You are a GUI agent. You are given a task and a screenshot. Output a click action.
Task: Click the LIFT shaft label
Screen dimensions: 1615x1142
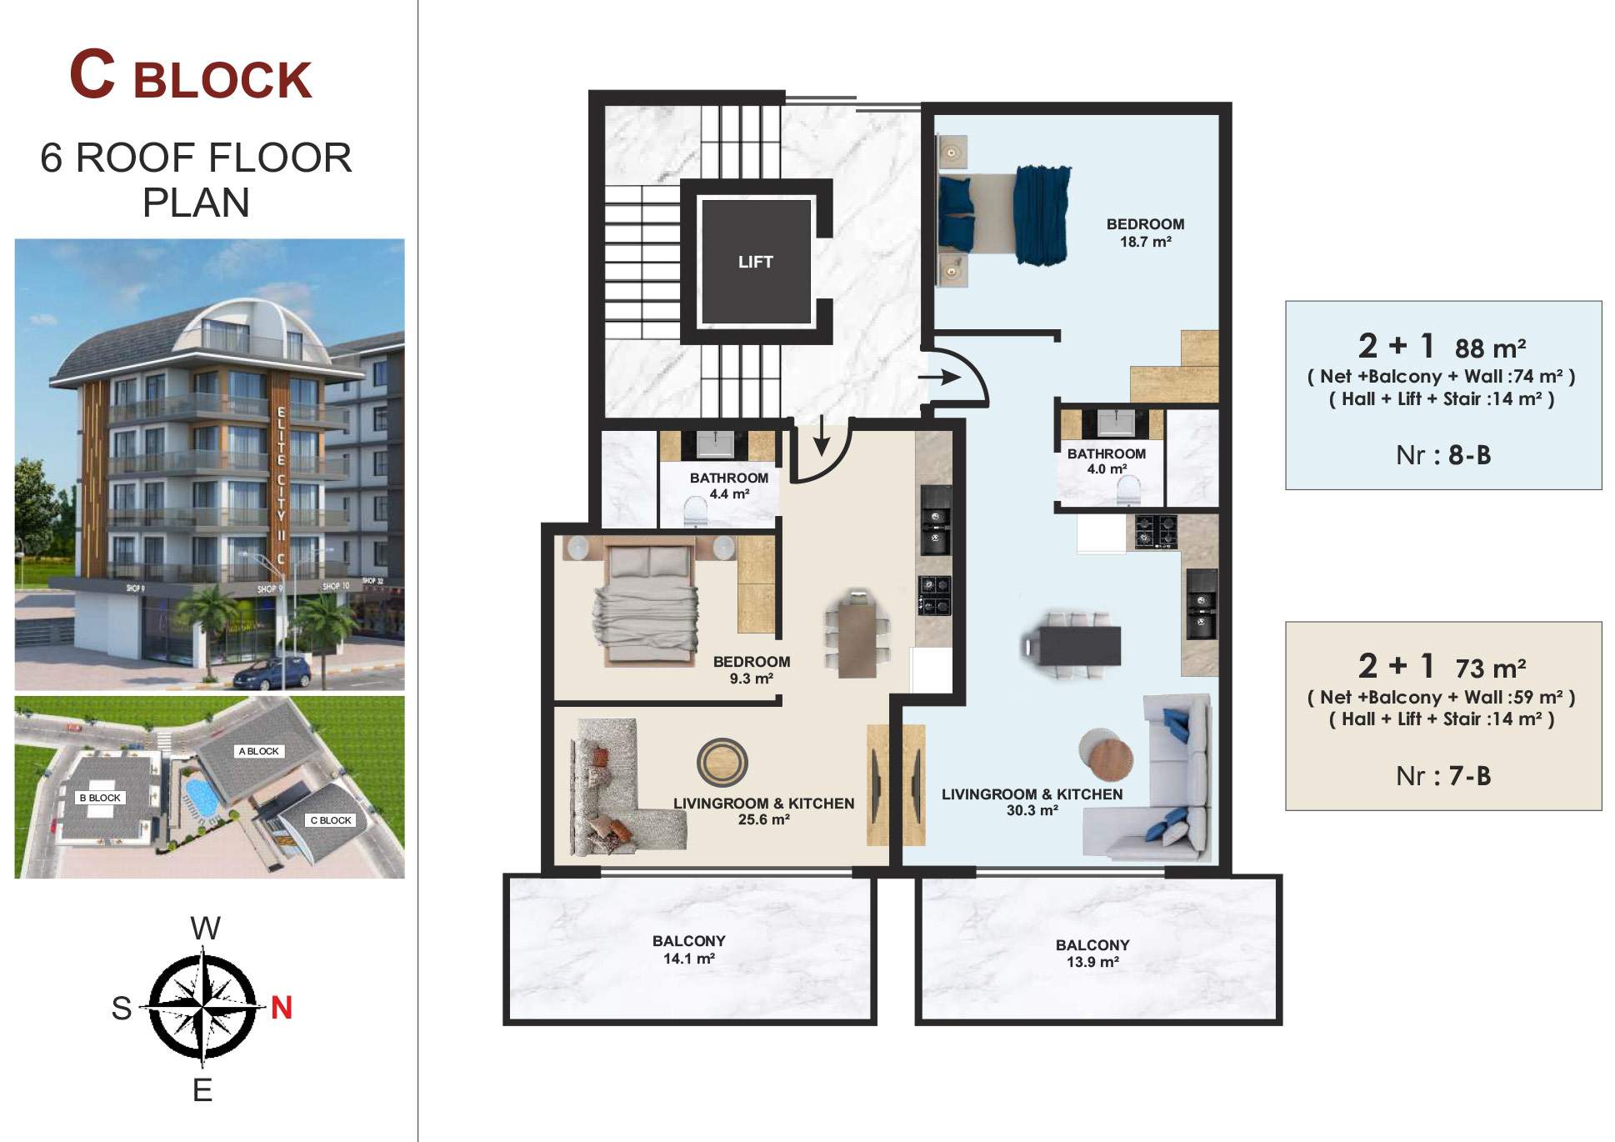(x=756, y=262)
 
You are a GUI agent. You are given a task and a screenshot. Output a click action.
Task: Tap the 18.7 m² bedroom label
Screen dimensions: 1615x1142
(x=1145, y=233)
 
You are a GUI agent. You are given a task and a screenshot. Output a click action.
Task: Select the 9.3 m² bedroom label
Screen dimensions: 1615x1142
(x=752, y=670)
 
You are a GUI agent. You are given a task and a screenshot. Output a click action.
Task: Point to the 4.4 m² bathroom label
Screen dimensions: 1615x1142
(x=729, y=486)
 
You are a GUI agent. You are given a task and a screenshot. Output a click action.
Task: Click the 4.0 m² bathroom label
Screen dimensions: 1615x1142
(x=1107, y=461)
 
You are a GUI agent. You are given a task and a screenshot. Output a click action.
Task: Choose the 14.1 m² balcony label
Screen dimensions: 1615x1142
(x=689, y=949)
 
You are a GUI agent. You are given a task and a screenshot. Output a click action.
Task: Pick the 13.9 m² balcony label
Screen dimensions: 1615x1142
(x=1092, y=954)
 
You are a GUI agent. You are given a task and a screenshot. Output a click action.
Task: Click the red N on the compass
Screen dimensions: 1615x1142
(x=282, y=1008)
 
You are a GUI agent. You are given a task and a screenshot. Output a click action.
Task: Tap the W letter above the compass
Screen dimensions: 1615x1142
(x=206, y=929)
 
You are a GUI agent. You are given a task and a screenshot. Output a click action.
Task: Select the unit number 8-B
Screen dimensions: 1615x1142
(x=1469, y=455)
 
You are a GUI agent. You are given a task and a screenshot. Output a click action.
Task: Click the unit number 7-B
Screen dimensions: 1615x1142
(x=1469, y=776)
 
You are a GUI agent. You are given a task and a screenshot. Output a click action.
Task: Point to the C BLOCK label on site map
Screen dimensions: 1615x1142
(x=331, y=820)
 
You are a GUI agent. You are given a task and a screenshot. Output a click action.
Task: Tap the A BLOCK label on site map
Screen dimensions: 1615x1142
(x=259, y=751)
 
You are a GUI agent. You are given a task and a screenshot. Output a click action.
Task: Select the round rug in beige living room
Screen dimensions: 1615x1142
(x=722, y=763)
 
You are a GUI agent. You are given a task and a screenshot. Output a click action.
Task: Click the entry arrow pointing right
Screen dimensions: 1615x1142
(x=939, y=378)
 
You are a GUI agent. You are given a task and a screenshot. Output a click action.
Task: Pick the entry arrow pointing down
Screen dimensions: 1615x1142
(x=822, y=435)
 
